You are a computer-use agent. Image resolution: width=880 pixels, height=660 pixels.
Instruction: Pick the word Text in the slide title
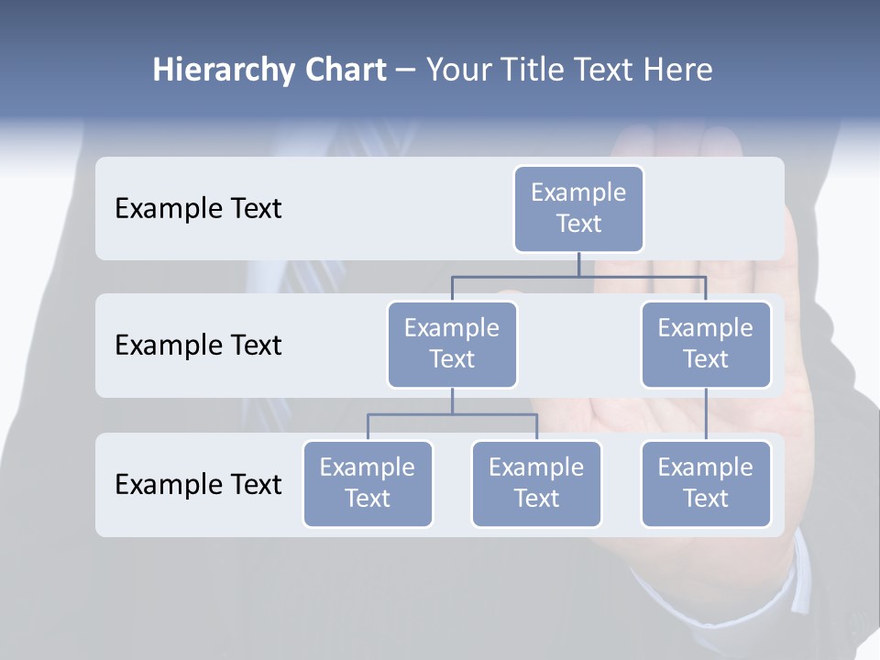pyautogui.click(x=596, y=71)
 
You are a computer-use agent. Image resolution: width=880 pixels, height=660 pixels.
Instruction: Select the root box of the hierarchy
pyautogui.click(x=578, y=208)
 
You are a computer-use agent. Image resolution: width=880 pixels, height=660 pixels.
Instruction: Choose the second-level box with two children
pyautogui.click(x=452, y=344)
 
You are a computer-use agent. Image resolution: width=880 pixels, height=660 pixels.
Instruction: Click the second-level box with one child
pyautogui.click(x=706, y=344)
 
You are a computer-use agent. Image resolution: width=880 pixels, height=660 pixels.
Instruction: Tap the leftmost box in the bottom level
pyautogui.click(x=368, y=483)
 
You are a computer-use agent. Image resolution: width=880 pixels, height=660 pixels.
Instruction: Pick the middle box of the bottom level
pyautogui.click(x=536, y=483)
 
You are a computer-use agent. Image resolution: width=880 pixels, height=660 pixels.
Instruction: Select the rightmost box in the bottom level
pyautogui.click(x=706, y=483)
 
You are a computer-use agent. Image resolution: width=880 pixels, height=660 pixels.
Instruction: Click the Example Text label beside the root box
pyautogui.click(x=198, y=209)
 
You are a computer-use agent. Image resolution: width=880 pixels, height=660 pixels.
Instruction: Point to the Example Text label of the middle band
pyautogui.click(x=198, y=346)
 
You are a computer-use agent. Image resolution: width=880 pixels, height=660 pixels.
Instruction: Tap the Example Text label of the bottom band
pyautogui.click(x=198, y=484)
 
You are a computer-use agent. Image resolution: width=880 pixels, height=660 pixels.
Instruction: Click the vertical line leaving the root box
pyautogui.click(x=578, y=264)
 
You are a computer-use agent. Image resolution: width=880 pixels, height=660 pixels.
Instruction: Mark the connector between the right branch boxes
pyautogui.click(x=706, y=414)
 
